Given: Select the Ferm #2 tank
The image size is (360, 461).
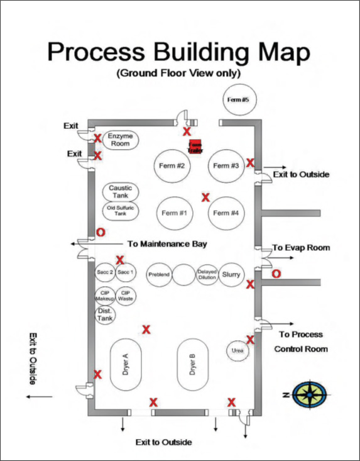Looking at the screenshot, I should tap(172, 166).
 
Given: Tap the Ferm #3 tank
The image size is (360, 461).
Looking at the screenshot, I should tap(226, 166).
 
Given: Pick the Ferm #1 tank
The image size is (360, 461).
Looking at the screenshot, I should tap(175, 213).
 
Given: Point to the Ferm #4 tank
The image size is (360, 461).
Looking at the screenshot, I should tap(226, 213).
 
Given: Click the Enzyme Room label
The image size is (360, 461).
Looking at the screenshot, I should tap(119, 140).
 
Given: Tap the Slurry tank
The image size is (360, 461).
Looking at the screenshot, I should tap(231, 275).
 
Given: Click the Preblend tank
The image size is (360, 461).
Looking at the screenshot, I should tap(160, 275).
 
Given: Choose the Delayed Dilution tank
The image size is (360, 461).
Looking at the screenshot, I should tap(207, 275).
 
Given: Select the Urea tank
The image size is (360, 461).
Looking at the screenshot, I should tap(237, 350).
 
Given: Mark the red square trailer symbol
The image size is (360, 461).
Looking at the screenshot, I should tap(195, 146).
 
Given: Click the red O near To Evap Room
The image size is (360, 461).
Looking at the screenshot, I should tap(275, 274).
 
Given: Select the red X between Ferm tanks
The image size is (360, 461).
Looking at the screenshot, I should tap(205, 197).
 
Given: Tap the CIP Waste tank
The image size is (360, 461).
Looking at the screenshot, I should tap(125, 296).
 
